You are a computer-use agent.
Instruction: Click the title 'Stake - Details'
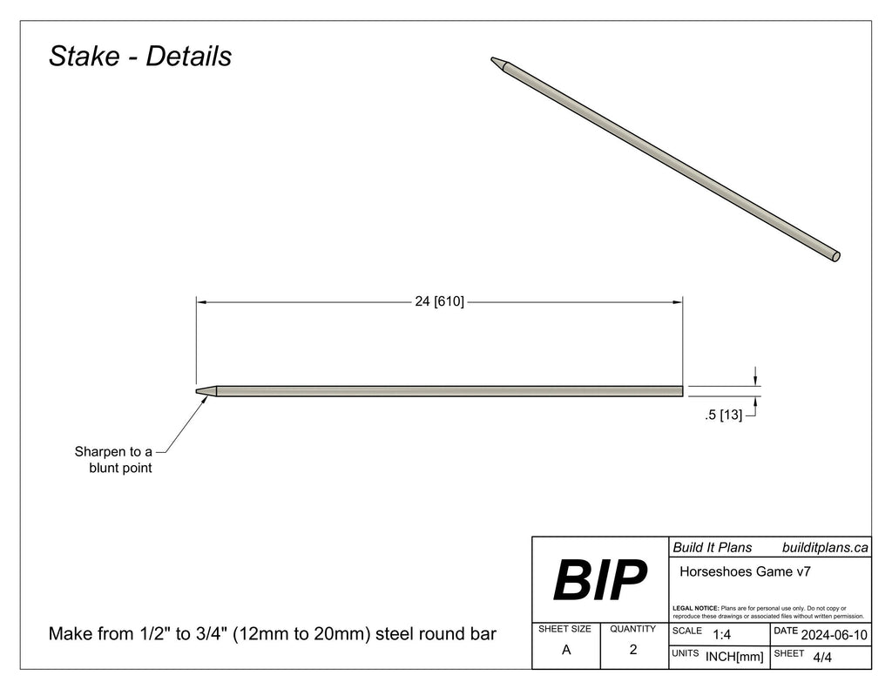(140, 56)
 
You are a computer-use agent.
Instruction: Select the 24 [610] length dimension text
(439, 301)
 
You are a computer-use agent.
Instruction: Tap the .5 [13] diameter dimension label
(723, 415)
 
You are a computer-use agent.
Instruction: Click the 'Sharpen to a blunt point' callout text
(113, 460)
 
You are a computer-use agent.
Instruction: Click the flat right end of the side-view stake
(680, 391)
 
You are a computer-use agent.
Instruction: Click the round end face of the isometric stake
(835, 256)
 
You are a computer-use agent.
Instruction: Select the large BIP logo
(600, 580)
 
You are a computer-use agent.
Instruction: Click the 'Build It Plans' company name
(712, 547)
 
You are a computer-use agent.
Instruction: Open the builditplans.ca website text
(824, 547)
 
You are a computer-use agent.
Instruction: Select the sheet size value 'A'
(566, 650)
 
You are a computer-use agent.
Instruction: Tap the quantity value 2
(633, 650)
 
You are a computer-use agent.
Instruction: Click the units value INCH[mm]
(734, 657)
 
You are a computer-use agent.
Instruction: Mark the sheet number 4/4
(821, 657)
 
